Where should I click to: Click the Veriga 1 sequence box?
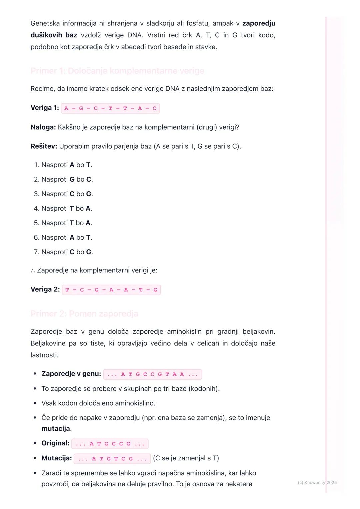coord(110,108)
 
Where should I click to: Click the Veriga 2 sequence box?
coord(111,290)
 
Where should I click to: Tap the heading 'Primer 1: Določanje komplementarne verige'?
coord(117,71)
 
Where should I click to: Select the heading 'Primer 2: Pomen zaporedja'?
coord(84,314)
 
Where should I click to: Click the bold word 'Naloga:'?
coord(43,127)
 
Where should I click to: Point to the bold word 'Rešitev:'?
coord(44,146)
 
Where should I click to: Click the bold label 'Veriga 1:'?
coord(45,108)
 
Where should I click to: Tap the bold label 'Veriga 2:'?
coord(45,290)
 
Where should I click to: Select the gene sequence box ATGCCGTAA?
coord(153,374)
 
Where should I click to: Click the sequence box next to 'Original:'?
coord(110,444)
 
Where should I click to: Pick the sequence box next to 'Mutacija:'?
coord(112,459)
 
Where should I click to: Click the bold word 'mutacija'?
coord(56,429)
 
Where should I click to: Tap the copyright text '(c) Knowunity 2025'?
coord(317,482)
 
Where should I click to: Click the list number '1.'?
coord(37,165)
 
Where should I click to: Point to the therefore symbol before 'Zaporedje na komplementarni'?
coord(33,271)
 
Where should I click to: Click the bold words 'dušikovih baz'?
coord(54,35)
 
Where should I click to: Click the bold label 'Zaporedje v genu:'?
coord(71,374)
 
